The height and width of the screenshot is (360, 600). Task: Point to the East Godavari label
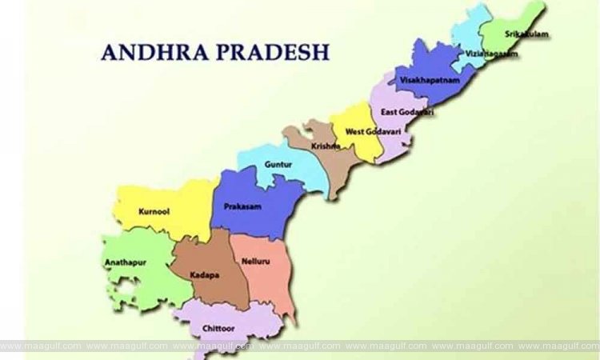click(407, 112)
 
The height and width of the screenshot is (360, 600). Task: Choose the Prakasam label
click(238, 206)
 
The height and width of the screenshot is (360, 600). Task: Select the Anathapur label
click(124, 262)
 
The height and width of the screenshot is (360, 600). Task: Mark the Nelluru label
click(254, 261)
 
